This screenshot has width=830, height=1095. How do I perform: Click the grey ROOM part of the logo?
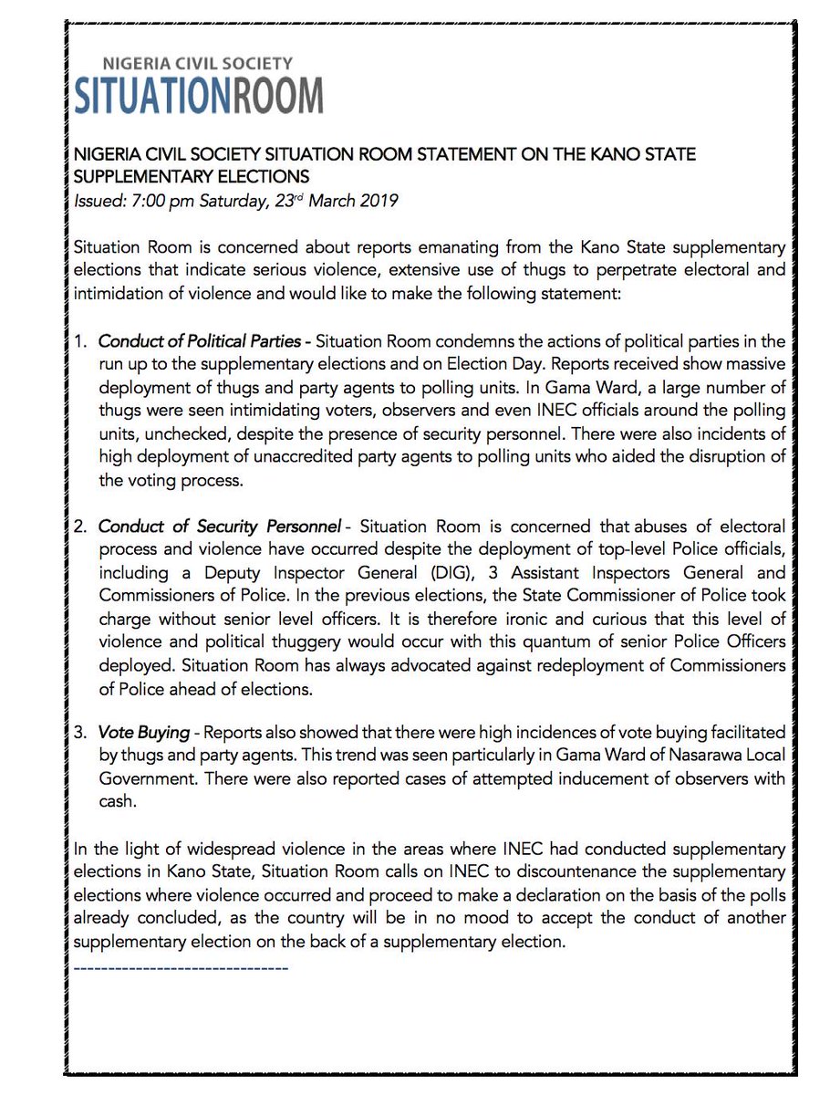[x=277, y=95]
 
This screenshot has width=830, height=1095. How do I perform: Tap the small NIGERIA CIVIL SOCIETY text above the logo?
[x=197, y=64]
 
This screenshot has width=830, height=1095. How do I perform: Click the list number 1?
[x=80, y=341]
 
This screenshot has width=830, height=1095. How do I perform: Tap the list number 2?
[x=80, y=527]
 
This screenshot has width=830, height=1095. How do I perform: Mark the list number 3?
[x=80, y=732]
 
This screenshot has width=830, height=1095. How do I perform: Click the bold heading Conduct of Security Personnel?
[x=219, y=527]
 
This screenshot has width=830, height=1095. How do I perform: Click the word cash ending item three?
[x=116, y=801]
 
